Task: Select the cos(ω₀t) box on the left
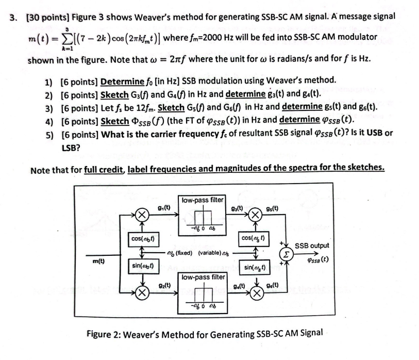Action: (144, 239)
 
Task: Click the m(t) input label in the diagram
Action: (96, 261)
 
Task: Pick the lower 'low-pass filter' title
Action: (202, 277)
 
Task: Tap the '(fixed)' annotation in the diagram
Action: (183, 252)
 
